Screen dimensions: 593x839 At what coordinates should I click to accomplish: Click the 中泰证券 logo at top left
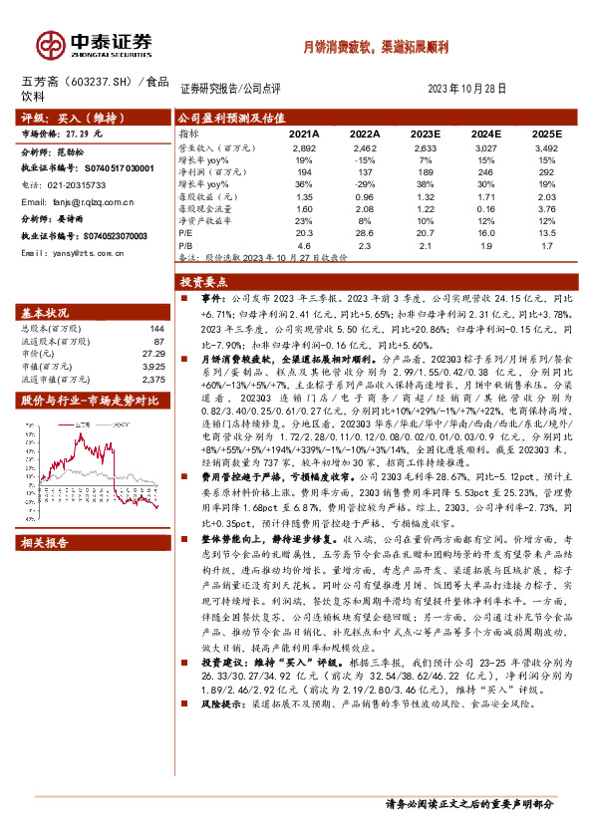coord(96,43)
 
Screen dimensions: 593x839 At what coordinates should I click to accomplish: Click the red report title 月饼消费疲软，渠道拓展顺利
coord(375,48)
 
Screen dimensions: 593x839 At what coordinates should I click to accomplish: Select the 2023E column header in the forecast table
coord(425,133)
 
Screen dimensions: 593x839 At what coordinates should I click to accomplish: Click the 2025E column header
coord(546,133)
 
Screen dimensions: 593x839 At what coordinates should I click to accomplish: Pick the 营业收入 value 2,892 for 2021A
coord(304,146)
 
